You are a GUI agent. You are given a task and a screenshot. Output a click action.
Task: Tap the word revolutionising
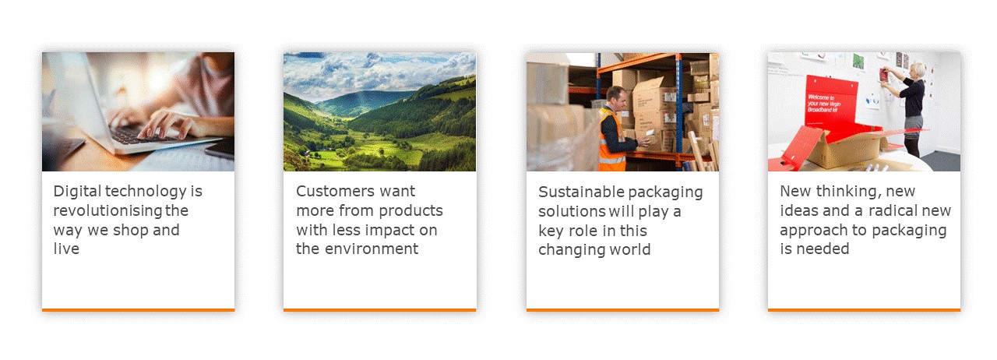[x=107, y=210]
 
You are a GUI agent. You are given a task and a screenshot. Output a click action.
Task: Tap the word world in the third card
[x=630, y=249]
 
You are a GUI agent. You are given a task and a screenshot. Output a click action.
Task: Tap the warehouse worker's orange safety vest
[x=611, y=140]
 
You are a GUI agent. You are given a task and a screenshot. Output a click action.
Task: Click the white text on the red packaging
[x=823, y=103]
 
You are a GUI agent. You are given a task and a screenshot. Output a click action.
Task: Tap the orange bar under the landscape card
[x=379, y=309]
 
